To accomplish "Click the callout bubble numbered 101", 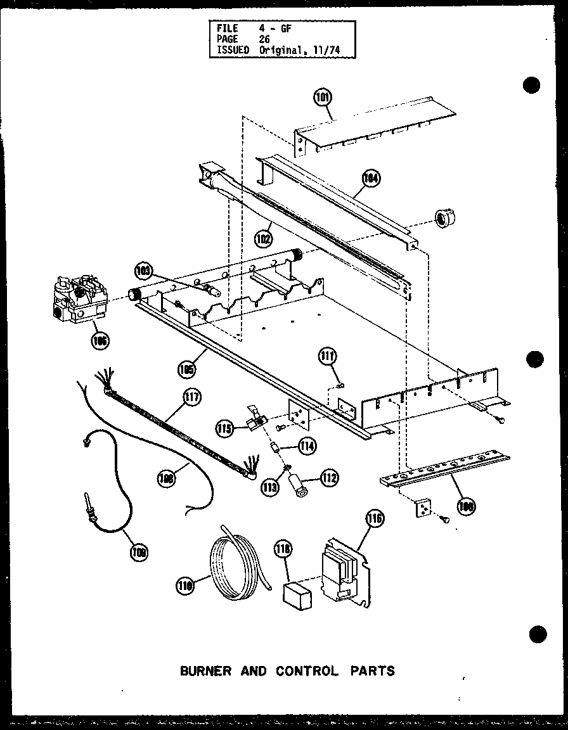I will pyautogui.click(x=323, y=98).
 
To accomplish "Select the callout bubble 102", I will pyautogui.click(x=264, y=240).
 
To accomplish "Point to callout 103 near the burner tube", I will pyautogui.click(x=145, y=271).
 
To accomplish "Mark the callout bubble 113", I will pyautogui.click(x=270, y=487).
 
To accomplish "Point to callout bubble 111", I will pyautogui.click(x=328, y=356).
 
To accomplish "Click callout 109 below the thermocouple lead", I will pyautogui.click(x=138, y=552).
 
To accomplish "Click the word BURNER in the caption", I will pyautogui.click(x=206, y=670).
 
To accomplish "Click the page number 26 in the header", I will pyautogui.click(x=265, y=38).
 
